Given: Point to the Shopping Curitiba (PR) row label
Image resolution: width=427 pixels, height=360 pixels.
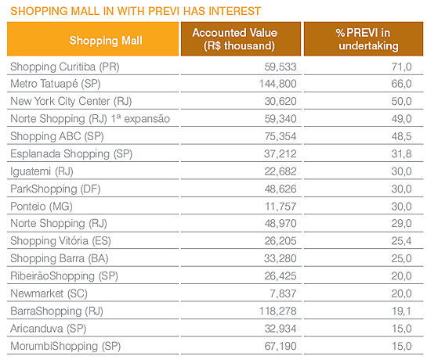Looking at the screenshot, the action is pyautogui.click(x=65, y=67).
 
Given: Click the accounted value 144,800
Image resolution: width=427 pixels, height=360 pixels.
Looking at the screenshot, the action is pyautogui.click(x=277, y=84).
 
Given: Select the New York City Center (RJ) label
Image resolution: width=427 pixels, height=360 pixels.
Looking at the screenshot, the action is pyautogui.click(x=71, y=101).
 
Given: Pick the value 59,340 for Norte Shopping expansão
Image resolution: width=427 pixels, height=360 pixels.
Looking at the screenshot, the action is pyautogui.click(x=280, y=119).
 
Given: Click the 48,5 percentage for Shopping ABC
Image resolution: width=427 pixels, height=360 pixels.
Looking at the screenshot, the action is pyautogui.click(x=401, y=136).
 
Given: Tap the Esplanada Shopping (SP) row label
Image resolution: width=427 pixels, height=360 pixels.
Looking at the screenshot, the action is pyautogui.click(x=71, y=154).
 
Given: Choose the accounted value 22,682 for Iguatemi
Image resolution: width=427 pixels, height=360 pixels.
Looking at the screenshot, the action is pyautogui.click(x=280, y=171).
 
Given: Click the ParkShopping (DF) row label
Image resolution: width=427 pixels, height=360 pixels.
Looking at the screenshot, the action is pyautogui.click(x=56, y=189).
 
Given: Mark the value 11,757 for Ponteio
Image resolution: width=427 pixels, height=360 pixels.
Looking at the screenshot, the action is pyautogui.click(x=280, y=207).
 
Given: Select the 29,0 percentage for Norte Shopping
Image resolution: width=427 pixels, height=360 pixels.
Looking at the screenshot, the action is pyautogui.click(x=401, y=224).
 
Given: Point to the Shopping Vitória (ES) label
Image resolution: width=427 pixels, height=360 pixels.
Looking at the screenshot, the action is pyautogui.click(x=60, y=241).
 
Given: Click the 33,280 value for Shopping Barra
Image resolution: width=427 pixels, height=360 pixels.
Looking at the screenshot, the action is pyautogui.click(x=280, y=258).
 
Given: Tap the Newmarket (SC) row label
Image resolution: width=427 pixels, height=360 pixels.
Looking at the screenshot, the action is pyautogui.click(x=49, y=293).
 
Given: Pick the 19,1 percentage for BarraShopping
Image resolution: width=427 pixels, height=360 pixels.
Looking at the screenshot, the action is pyautogui.click(x=401, y=311).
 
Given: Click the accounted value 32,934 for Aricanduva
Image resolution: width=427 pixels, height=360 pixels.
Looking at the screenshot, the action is pyautogui.click(x=280, y=329).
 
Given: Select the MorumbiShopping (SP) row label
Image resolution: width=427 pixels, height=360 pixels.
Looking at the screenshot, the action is pyautogui.click(x=65, y=347).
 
